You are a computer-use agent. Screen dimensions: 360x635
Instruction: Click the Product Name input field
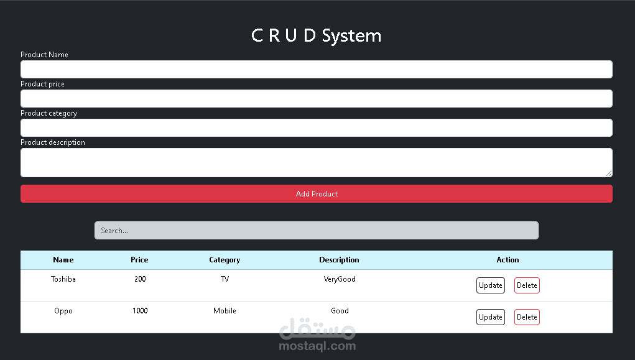click(316, 69)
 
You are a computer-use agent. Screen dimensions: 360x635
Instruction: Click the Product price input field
click(316, 98)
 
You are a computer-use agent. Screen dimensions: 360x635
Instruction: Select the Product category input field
click(316, 127)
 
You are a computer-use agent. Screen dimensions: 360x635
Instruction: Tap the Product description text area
click(316, 162)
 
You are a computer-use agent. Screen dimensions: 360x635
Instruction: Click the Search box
click(316, 231)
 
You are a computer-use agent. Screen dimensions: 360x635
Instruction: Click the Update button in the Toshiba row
click(490, 285)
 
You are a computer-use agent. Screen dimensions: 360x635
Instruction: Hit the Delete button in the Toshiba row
click(527, 285)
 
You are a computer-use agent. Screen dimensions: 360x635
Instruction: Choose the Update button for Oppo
click(490, 317)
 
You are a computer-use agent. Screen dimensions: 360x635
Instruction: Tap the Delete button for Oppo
click(527, 317)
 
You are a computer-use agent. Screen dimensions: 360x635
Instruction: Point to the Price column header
click(139, 260)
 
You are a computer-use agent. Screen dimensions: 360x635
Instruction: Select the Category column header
click(225, 260)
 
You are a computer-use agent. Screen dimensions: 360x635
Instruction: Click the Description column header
click(339, 260)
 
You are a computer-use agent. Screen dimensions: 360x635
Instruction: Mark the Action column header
click(508, 260)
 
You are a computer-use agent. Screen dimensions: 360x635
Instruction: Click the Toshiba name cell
click(63, 279)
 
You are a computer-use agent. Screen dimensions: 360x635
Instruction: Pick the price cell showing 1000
click(140, 311)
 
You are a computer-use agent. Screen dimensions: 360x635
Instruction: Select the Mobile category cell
click(225, 311)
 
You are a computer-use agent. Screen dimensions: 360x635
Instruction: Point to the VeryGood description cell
click(340, 279)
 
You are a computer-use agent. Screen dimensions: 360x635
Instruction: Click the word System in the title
click(351, 35)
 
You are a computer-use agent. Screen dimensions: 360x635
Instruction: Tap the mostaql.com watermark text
click(317, 346)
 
